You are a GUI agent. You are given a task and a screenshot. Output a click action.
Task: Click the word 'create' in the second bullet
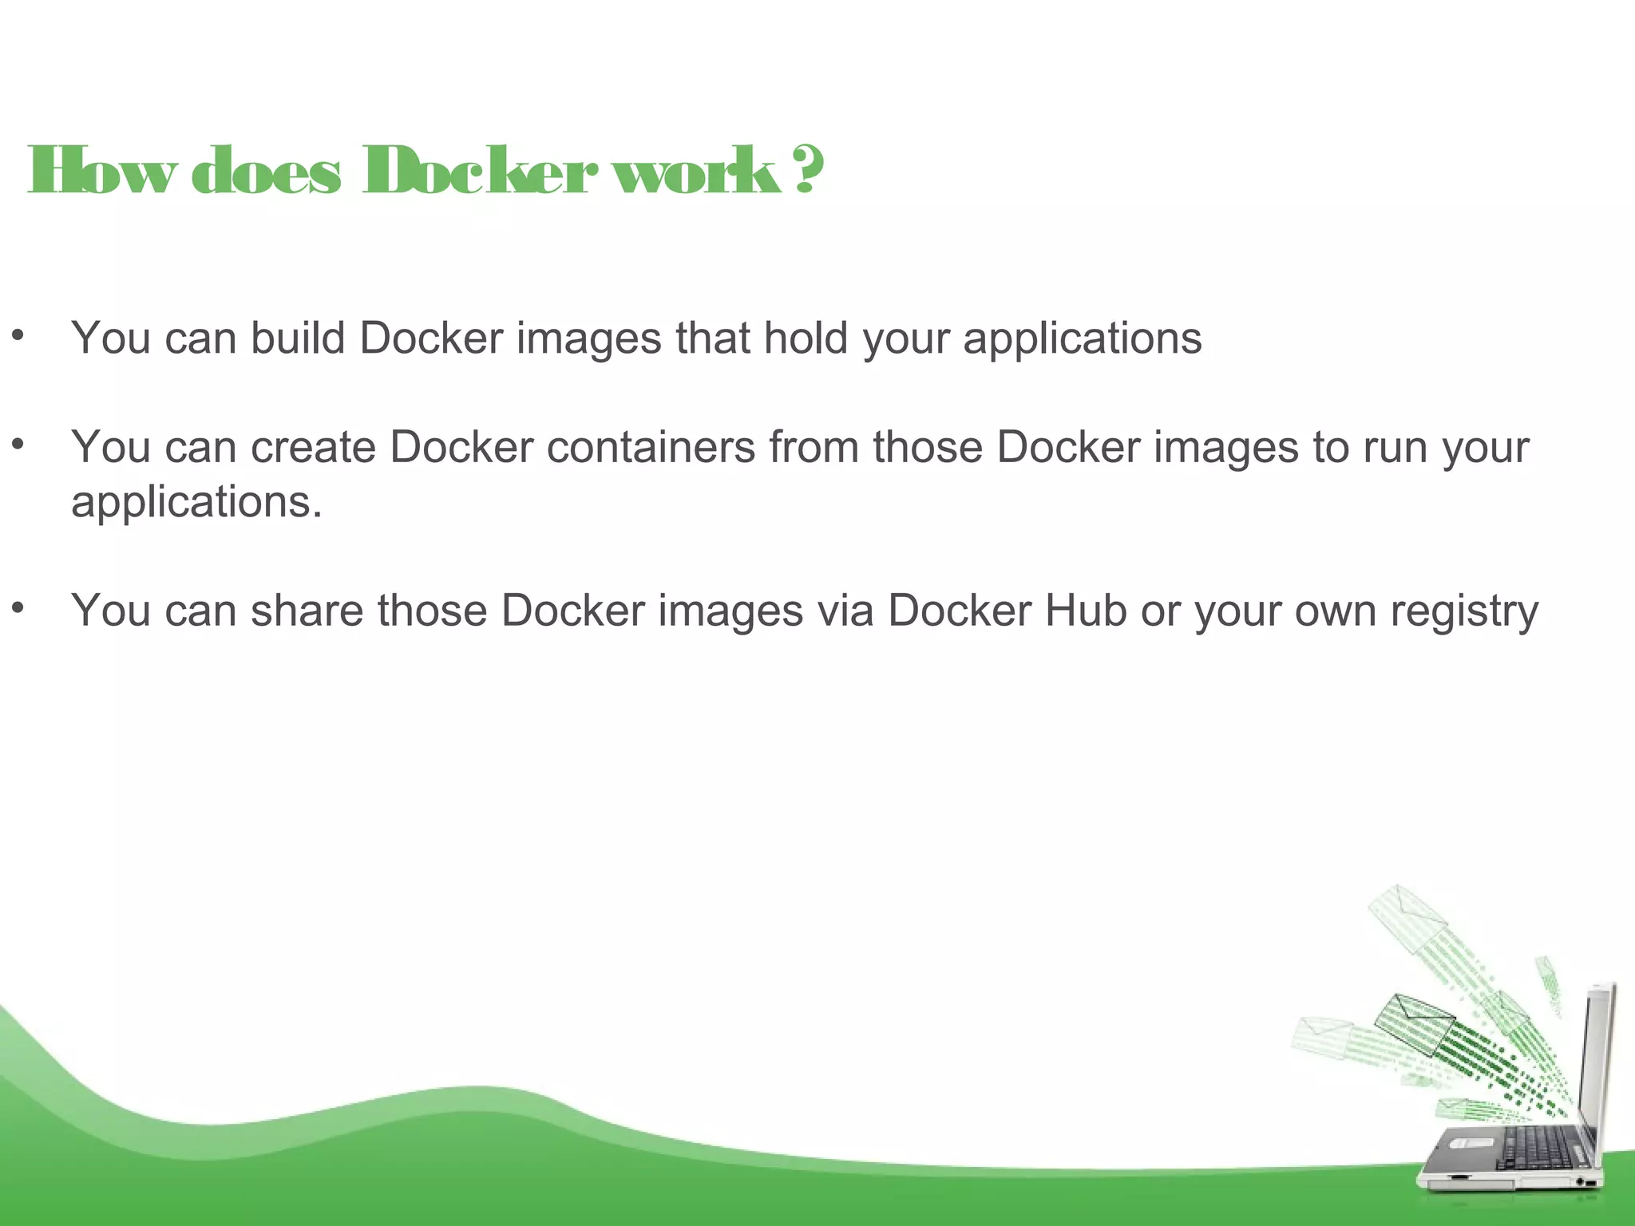click(x=313, y=447)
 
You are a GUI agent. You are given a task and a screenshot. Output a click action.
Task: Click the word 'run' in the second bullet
click(x=1395, y=447)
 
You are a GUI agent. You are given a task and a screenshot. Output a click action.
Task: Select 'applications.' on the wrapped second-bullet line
click(x=196, y=503)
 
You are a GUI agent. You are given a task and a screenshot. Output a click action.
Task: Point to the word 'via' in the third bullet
click(x=845, y=611)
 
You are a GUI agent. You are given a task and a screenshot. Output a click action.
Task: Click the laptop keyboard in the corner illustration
click(x=1533, y=1149)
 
